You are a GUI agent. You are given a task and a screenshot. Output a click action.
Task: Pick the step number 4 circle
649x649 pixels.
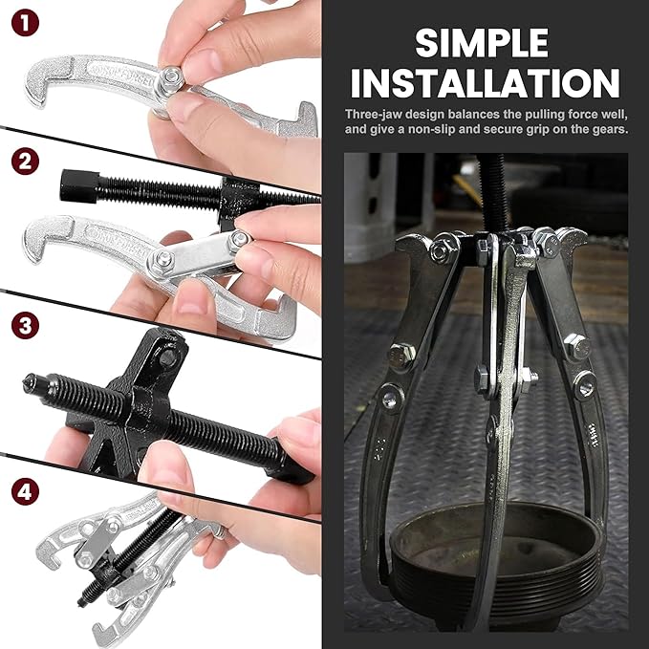pyautogui.click(x=23, y=494)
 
